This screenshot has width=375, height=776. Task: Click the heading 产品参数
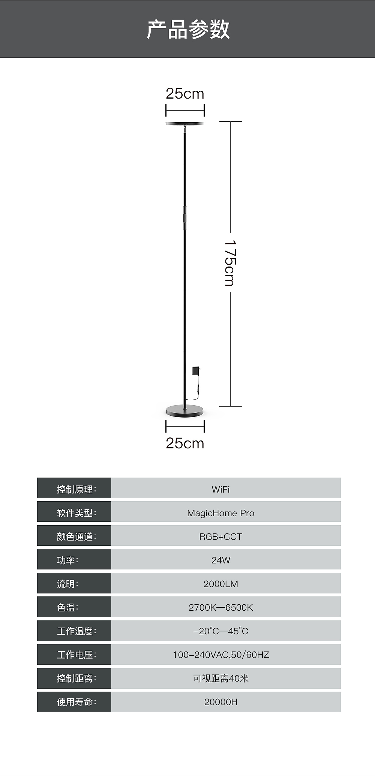tap(188, 30)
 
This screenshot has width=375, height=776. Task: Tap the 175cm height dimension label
tap(229, 263)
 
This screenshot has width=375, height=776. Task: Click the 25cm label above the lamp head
tap(185, 93)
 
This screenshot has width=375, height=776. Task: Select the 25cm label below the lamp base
tap(185, 443)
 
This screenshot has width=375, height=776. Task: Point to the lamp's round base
tap(185, 411)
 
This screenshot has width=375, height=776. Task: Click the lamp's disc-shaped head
tap(185, 124)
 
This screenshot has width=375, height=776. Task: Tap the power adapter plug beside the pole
tap(196, 370)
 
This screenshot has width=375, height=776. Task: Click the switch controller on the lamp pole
tap(184, 218)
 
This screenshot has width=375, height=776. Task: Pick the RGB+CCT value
tap(220, 536)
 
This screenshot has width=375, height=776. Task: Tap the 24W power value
tap(220, 560)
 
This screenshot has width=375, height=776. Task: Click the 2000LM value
tap(220, 584)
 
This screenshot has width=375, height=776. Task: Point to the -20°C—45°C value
tap(220, 631)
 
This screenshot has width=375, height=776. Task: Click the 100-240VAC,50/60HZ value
tap(220, 655)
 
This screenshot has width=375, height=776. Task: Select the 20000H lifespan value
tap(220, 702)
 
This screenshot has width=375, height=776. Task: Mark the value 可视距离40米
tap(220, 678)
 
